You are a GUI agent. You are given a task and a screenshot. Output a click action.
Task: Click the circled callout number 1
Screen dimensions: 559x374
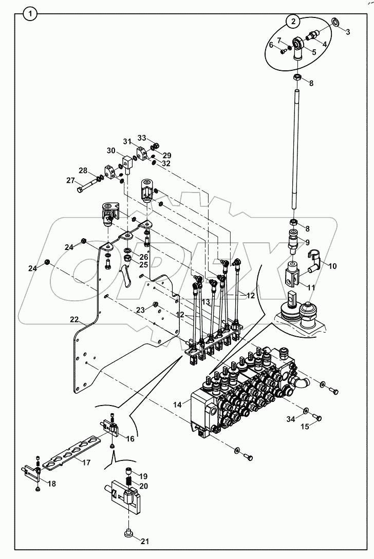coord(31,14)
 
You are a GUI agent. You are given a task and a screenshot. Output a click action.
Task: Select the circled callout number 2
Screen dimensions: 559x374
coord(293,21)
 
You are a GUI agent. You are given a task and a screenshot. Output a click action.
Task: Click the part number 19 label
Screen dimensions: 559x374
coord(143,476)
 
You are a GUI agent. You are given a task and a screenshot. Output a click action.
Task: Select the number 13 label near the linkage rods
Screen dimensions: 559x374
coord(205,302)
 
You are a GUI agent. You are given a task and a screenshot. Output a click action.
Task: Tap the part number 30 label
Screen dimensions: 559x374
coord(111,150)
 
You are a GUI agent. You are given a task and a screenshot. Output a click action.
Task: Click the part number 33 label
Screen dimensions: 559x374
coord(141,138)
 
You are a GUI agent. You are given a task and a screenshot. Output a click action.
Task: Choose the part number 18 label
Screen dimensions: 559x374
coord(51,484)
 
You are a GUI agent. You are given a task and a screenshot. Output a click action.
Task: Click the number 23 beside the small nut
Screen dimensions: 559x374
coord(140,310)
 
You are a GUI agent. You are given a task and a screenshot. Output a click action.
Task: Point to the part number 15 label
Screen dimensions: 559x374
coord(304,427)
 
